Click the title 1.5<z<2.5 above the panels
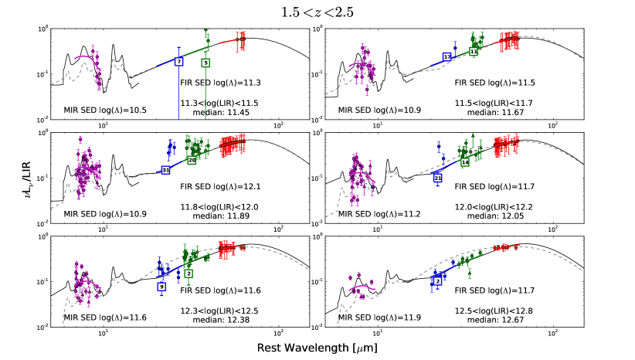pos(317,11)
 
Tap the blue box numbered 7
pos(179,60)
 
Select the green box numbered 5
pos(205,63)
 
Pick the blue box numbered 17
pos(447,56)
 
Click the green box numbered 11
pos(474,51)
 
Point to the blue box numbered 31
pos(166,170)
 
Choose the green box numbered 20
pos(192,161)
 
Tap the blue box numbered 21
pos(438,178)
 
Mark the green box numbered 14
pos(465,163)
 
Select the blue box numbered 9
pos(161,287)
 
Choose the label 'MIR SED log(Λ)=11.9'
pos(371,317)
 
